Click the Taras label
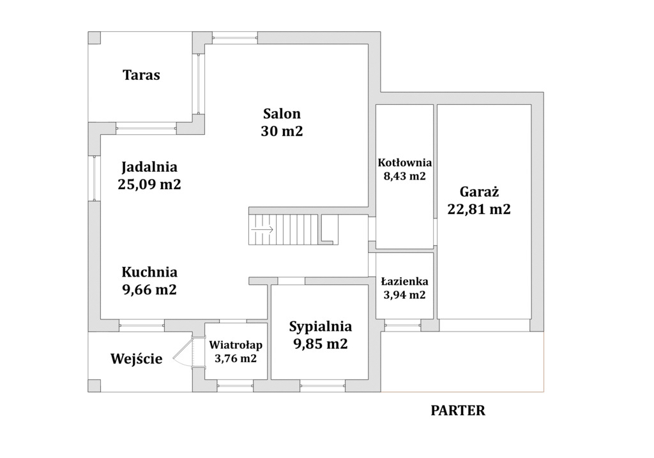141,75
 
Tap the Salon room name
282,114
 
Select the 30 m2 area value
282,132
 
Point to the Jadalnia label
149,167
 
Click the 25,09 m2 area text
149,185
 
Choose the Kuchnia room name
149,272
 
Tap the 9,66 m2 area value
149,289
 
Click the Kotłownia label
404,163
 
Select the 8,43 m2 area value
404,176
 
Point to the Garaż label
479,192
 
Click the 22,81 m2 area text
479,209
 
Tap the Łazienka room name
404,282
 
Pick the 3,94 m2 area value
404,295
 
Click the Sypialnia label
321,326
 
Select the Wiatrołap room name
236,346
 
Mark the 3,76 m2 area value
236,358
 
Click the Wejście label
137,359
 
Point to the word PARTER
458,411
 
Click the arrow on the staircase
262,229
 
